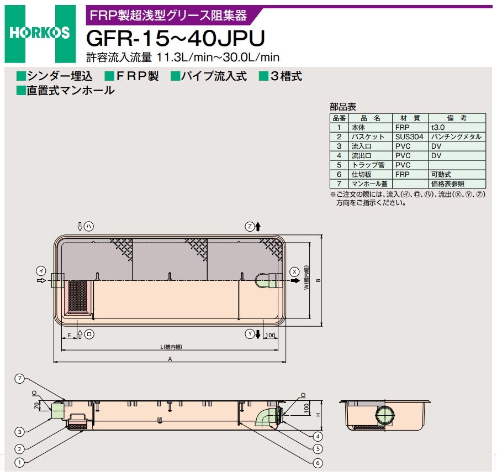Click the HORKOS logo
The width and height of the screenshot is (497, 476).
(x=40, y=33)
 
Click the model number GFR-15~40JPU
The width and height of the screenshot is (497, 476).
(x=175, y=38)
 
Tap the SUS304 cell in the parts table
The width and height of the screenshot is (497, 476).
(x=409, y=137)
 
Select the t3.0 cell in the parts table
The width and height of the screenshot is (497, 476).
(x=438, y=128)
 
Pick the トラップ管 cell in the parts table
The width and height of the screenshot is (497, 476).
(x=368, y=165)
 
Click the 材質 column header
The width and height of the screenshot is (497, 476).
(x=410, y=118)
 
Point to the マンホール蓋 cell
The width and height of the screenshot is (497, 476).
(x=369, y=184)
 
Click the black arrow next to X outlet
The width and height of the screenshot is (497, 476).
(x=295, y=280)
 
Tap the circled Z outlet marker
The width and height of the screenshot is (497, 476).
(x=250, y=227)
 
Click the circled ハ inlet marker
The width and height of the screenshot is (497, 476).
(x=89, y=227)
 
